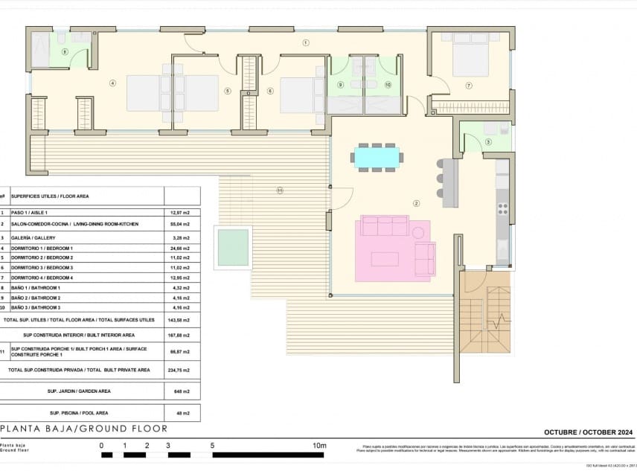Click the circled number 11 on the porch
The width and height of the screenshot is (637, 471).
(280, 190)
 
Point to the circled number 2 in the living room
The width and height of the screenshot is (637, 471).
(417, 203)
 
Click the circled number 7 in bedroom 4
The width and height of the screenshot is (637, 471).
(469, 86)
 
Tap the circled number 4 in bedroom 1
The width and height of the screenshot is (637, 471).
(112, 83)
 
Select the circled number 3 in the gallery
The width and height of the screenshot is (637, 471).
(488, 141)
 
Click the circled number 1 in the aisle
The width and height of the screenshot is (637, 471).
(306, 43)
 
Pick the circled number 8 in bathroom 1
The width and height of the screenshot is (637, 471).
(65, 52)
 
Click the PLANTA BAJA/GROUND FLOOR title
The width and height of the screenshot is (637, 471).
(83, 429)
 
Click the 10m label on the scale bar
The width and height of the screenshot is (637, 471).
(319, 446)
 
